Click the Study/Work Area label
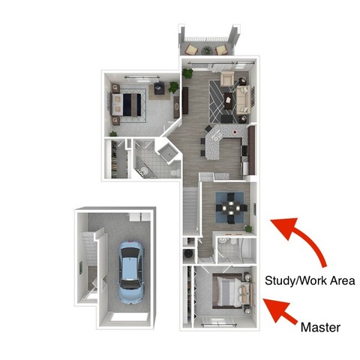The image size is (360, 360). [310, 280]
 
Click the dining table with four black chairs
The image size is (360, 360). [228, 202]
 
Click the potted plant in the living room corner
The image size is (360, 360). [187, 74]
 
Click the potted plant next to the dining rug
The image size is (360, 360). [248, 228]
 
